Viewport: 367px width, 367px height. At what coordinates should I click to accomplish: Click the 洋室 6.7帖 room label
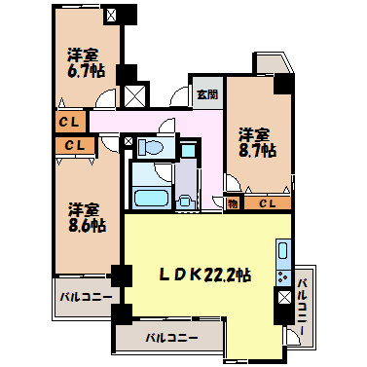pos(87,62)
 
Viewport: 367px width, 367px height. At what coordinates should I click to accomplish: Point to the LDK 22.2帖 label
pos(205,275)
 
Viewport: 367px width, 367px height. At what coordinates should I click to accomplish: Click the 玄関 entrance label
pos(205,94)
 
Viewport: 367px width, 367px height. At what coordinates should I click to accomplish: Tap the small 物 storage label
pos(234,203)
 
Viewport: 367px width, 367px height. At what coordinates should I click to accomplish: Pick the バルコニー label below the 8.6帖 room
pos(85,297)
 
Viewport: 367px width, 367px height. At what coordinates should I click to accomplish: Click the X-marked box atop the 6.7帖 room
pos(111,16)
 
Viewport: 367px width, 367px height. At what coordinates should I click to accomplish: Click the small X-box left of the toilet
pos(128,141)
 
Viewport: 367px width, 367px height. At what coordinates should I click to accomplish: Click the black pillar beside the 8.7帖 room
pos(281,84)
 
